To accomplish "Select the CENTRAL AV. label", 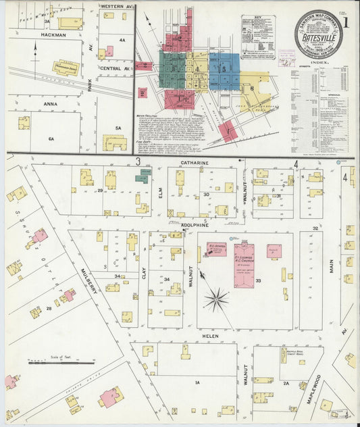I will [x=116, y=68].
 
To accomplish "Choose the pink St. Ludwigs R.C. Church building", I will [x=244, y=265].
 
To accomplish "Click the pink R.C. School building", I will [x=216, y=249].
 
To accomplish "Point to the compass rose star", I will [x=217, y=297].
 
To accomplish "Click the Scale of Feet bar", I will [x=61, y=363].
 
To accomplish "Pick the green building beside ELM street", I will [x=143, y=178].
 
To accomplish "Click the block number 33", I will [x=258, y=280].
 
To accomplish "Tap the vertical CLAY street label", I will [x=144, y=272].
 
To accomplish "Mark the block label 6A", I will [x=51, y=139].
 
